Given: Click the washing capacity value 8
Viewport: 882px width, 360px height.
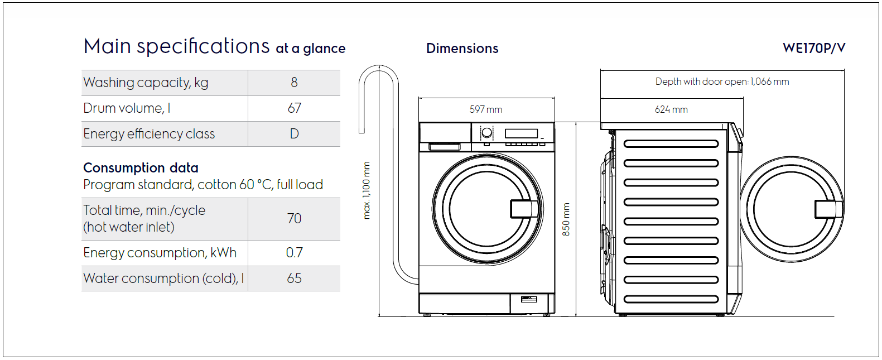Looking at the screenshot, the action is (294, 82).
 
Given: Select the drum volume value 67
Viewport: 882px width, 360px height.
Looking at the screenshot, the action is (295, 108).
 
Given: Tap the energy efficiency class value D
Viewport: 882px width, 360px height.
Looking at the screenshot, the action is (294, 134).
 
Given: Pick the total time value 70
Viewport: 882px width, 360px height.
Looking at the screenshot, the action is (294, 219).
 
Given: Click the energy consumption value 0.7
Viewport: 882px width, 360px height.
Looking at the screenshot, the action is (294, 252).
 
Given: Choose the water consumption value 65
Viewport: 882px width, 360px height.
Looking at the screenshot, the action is (294, 278).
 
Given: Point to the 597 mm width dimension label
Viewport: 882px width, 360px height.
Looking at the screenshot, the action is (486, 109).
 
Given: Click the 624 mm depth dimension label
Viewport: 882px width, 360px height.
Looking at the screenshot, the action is (671, 109).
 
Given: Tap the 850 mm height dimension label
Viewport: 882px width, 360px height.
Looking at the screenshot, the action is (566, 219).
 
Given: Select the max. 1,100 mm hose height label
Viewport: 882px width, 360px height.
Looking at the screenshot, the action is (367, 190).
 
